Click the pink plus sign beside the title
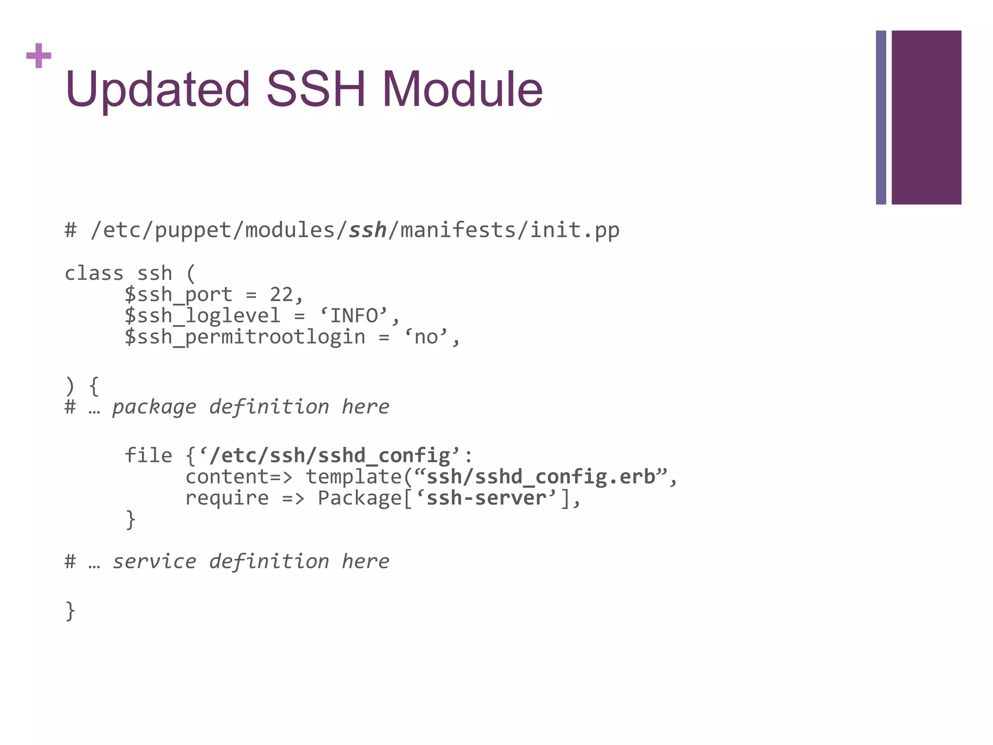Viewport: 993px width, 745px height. (39, 56)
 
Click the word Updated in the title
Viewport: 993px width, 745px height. (158, 90)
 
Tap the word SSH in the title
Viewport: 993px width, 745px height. (316, 90)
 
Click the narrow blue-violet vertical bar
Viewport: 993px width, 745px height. (881, 117)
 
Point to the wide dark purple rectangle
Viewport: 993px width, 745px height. (926, 117)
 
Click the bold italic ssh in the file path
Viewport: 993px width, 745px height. (368, 230)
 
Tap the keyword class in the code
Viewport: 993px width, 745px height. (94, 274)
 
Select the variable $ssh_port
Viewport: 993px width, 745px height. (178, 295)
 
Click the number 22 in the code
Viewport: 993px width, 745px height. (281, 295)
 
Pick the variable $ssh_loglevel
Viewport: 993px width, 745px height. (203, 316)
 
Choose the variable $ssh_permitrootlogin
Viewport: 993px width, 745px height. (245, 337)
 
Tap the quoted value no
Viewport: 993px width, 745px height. (426, 337)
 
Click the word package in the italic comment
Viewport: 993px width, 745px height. (154, 407)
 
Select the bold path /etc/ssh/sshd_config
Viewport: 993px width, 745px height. (330, 455)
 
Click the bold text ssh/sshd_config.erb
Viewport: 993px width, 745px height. (541, 477)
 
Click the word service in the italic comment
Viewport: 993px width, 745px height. (154, 562)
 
